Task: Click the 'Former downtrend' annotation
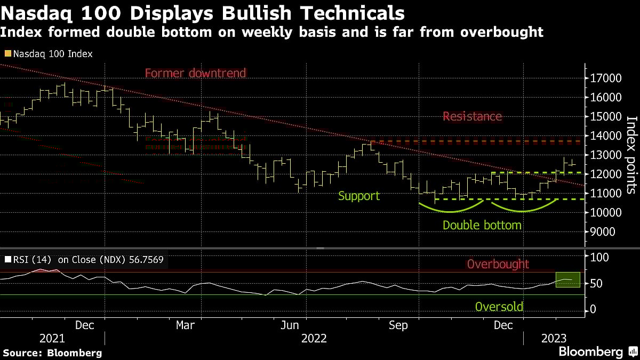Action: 195,73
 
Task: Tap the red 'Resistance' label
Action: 472,116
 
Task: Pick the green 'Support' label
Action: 359,196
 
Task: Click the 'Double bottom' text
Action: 482,225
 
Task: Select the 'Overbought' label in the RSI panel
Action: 498,264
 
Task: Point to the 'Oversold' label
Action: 499,307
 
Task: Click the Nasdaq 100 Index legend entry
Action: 52,54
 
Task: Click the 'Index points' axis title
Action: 630,155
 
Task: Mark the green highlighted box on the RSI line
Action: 567,279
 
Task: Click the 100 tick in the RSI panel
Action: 599,257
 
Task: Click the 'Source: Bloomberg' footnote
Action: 52,353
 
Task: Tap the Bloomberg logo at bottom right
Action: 597,351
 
